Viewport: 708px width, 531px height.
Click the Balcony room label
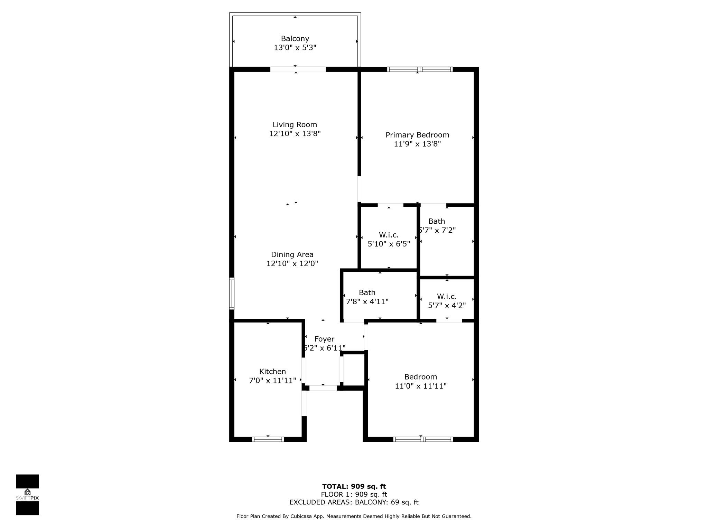(x=295, y=39)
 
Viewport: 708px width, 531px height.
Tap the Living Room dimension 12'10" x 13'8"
(x=295, y=133)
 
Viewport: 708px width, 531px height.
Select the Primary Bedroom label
(x=417, y=135)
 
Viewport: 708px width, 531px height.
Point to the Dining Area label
(x=292, y=254)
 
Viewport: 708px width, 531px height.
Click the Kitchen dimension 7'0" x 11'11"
(x=272, y=381)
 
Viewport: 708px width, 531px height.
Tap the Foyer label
(x=324, y=339)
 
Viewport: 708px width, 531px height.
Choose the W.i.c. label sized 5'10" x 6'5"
(x=389, y=235)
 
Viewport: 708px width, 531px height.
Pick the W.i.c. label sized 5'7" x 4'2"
(x=447, y=296)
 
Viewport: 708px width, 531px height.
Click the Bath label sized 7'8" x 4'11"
(x=367, y=292)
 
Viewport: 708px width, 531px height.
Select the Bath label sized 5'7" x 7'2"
(x=437, y=221)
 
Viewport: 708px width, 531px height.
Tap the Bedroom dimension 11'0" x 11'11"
(x=421, y=386)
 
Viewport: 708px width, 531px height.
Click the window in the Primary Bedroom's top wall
(x=420, y=69)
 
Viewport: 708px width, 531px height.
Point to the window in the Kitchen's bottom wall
(x=268, y=439)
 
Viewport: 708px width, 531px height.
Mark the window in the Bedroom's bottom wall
(x=423, y=439)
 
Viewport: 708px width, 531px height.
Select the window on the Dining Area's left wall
(x=232, y=294)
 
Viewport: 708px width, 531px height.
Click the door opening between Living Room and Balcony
(x=298, y=69)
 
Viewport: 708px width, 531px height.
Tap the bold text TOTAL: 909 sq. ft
(x=354, y=487)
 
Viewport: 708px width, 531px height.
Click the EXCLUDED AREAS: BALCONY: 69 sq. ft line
(x=354, y=502)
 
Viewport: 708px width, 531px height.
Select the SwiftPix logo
(x=27, y=495)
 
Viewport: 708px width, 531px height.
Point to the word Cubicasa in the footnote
(x=302, y=516)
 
